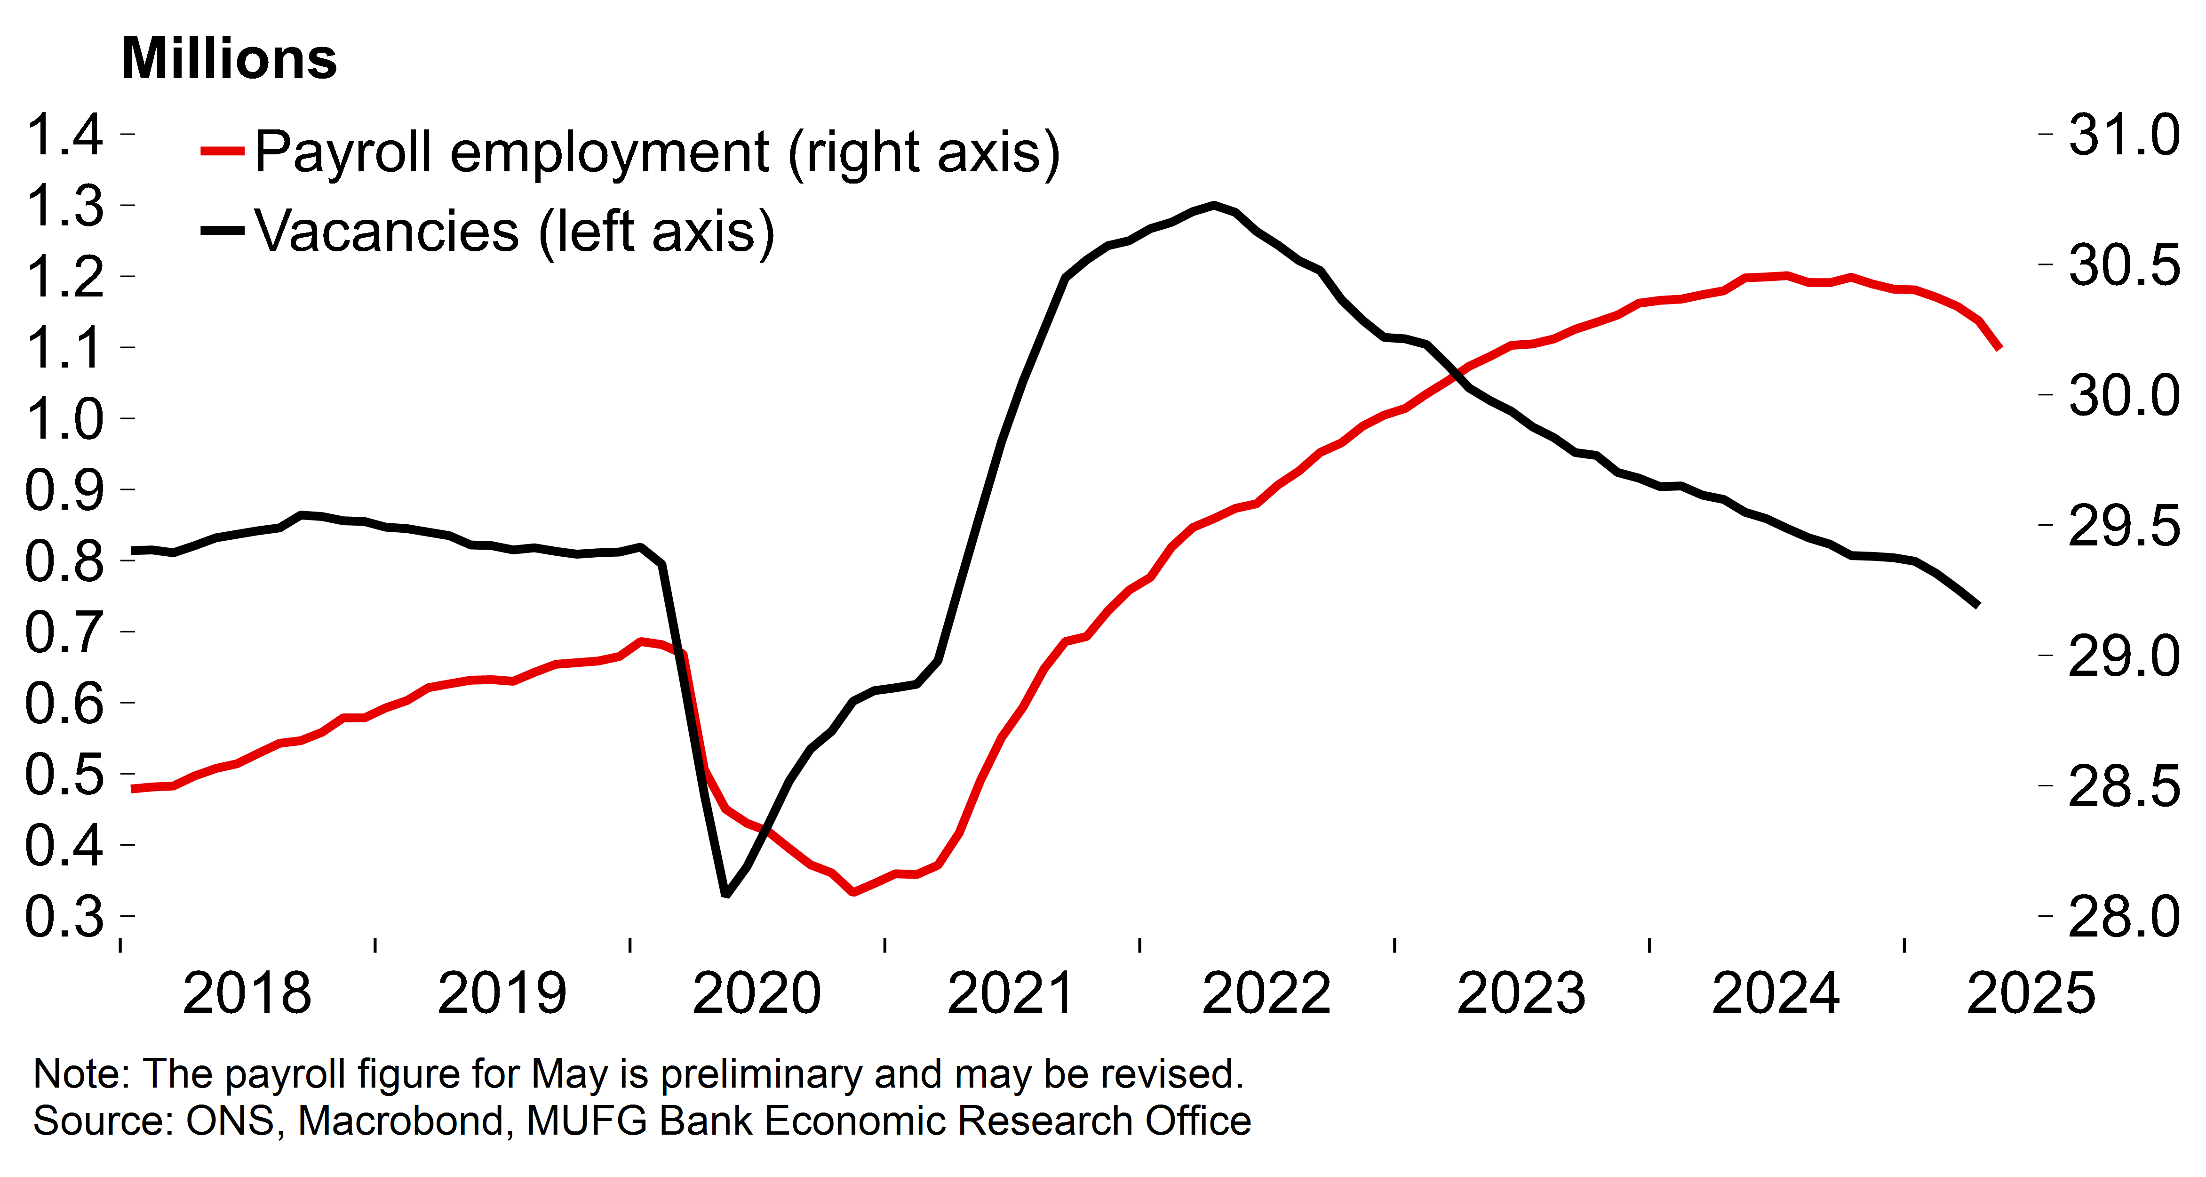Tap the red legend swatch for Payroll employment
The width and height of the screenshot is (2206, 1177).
coord(222,152)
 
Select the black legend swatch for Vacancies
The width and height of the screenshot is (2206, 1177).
coord(222,231)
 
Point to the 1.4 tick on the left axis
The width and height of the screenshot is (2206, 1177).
coord(64,135)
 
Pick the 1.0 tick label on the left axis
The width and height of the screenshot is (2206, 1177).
coord(64,419)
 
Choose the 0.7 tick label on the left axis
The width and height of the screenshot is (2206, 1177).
coord(64,632)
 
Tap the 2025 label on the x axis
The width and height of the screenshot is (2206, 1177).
coord(2031,993)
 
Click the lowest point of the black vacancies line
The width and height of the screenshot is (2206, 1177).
coord(725,894)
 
